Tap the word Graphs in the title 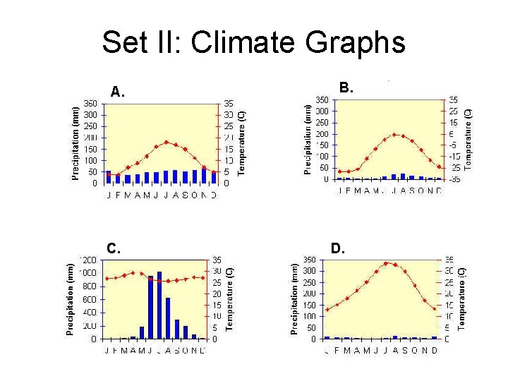pyautogui.click(x=356, y=42)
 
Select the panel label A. pyautogui.click(x=117, y=92)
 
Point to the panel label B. pyautogui.click(x=346, y=88)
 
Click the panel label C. pyautogui.click(x=114, y=248)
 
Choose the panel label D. pyautogui.click(x=338, y=248)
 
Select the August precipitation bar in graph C pyautogui.click(x=168, y=318)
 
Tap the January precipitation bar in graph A pyautogui.click(x=109, y=177)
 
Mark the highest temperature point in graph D pyautogui.click(x=385, y=262)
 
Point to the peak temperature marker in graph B pyautogui.click(x=394, y=134)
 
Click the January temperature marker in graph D pyautogui.click(x=327, y=309)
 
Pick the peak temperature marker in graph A pyautogui.click(x=167, y=142)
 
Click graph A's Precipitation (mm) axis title pyautogui.click(x=75, y=143)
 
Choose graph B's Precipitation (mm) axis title pyautogui.click(x=308, y=138)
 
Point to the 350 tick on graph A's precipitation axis pyautogui.click(x=91, y=103)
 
